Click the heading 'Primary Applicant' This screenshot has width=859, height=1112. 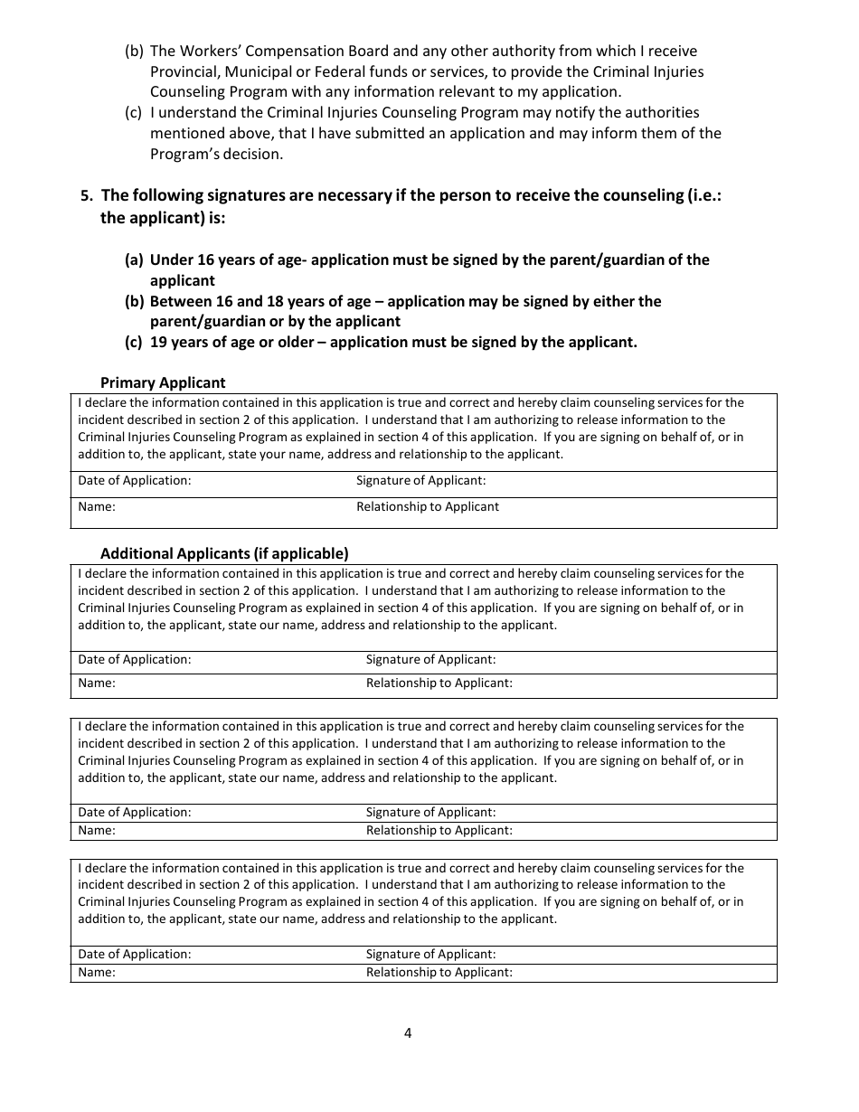163,382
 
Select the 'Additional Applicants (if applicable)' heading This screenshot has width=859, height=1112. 224,553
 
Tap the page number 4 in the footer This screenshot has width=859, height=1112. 408,1033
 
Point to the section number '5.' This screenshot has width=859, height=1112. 87,195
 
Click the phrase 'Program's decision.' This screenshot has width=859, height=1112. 217,154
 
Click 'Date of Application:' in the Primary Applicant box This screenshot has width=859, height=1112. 135,481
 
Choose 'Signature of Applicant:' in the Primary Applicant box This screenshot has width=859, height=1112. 420,481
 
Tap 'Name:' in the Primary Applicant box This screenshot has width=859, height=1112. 97,507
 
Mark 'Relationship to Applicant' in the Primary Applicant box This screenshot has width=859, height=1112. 428,507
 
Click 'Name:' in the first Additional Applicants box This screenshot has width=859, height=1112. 97,683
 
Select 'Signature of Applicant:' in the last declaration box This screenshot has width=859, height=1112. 430,955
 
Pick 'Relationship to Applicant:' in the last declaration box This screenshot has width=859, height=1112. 439,973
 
